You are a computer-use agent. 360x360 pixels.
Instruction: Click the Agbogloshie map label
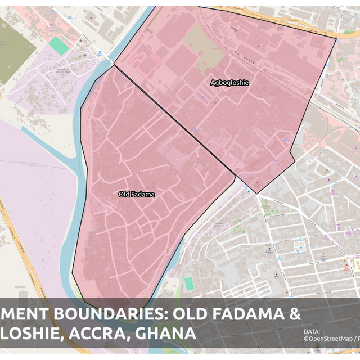[229, 83]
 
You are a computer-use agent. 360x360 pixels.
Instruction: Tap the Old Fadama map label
[136, 195]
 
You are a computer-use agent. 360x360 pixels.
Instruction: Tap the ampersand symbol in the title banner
[294, 315]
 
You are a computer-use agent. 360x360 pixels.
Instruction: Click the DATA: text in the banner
[312, 331]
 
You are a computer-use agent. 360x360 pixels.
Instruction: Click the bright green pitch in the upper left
[59, 45]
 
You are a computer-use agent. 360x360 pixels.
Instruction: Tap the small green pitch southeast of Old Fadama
[190, 283]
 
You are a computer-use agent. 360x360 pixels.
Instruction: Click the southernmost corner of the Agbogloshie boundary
[257, 193]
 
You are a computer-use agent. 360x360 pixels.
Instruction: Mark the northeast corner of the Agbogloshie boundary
[336, 38]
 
